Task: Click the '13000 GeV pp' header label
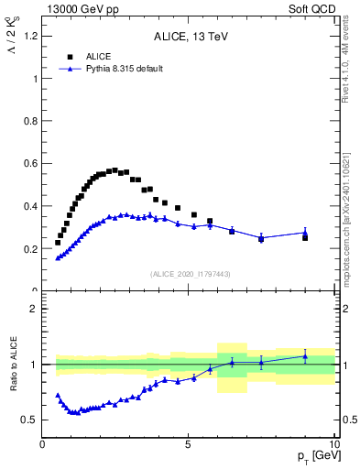[72, 8]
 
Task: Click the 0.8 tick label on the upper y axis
[31, 121]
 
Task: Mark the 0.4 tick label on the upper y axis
[31, 206]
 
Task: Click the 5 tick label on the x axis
[188, 444]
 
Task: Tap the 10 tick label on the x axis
[333, 444]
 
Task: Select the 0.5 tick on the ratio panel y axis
[31, 420]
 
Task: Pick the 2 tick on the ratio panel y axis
[35, 309]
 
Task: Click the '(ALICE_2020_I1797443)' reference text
[190, 274]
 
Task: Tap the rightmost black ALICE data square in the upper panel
[305, 237]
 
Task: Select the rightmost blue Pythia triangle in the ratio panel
[305, 356]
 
